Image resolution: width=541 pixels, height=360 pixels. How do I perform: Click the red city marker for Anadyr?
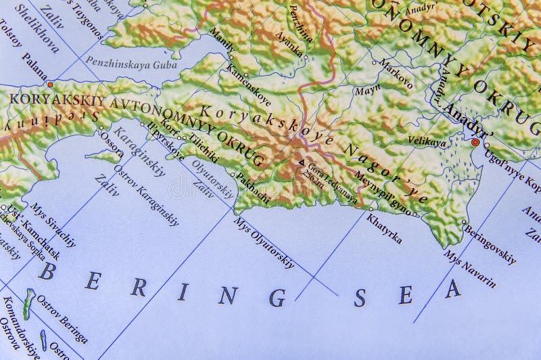click(475, 142)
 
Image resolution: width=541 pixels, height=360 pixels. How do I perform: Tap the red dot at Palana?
click(49, 85)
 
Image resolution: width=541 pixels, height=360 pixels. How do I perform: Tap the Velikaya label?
click(427, 141)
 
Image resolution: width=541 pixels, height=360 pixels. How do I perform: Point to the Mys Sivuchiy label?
click(53, 228)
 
